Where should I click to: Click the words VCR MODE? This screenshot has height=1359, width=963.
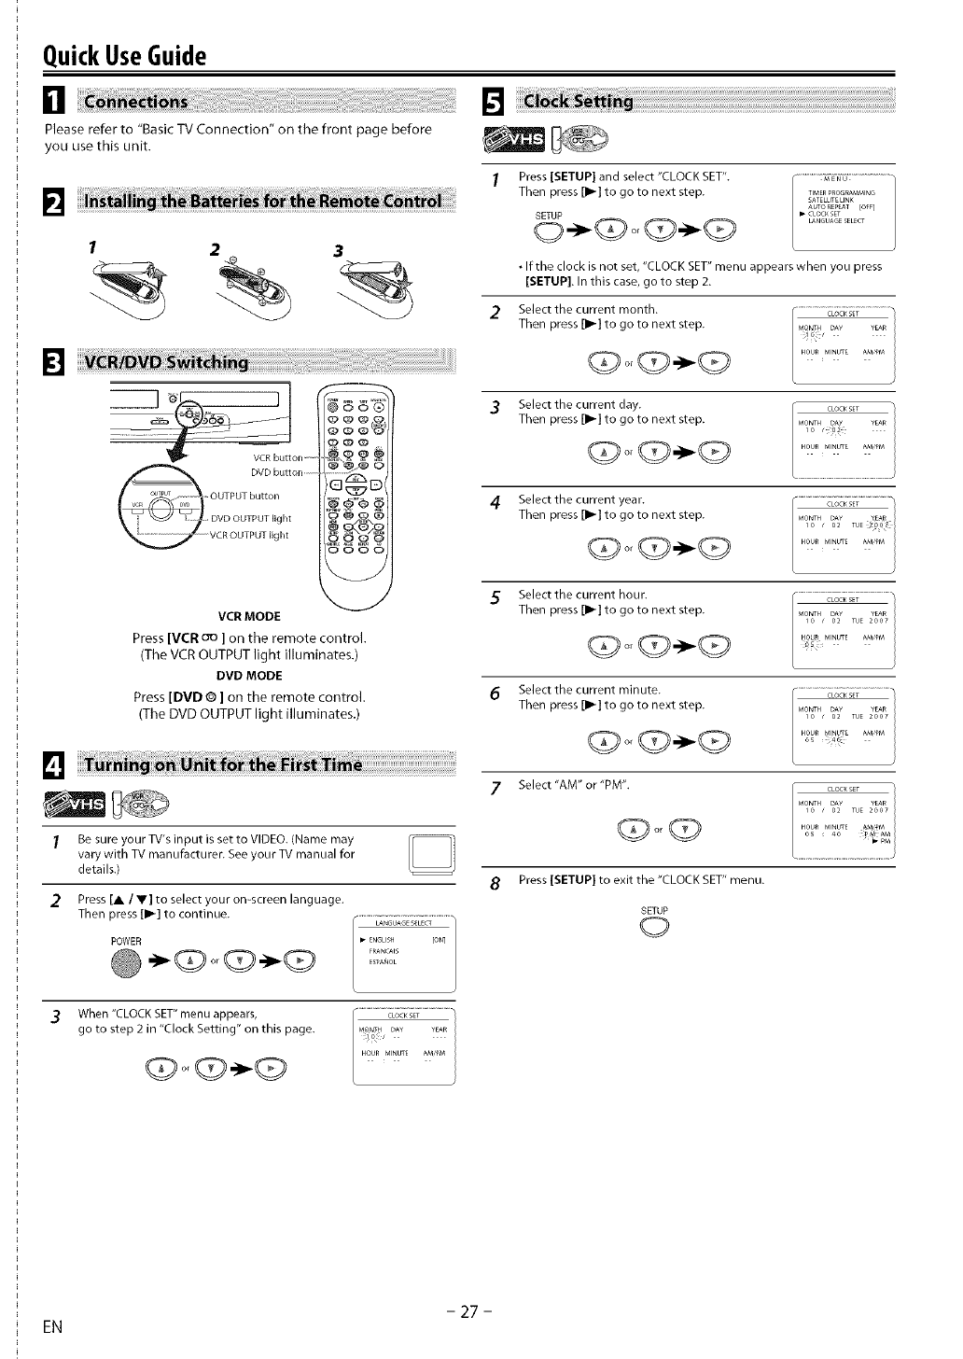click(248, 616)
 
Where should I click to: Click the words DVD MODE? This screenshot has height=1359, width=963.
click(248, 676)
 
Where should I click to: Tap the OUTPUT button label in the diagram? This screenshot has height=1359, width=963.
click(244, 496)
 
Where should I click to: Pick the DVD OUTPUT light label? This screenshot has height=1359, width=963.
click(250, 518)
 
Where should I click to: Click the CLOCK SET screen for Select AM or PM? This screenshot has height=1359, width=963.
click(843, 821)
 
